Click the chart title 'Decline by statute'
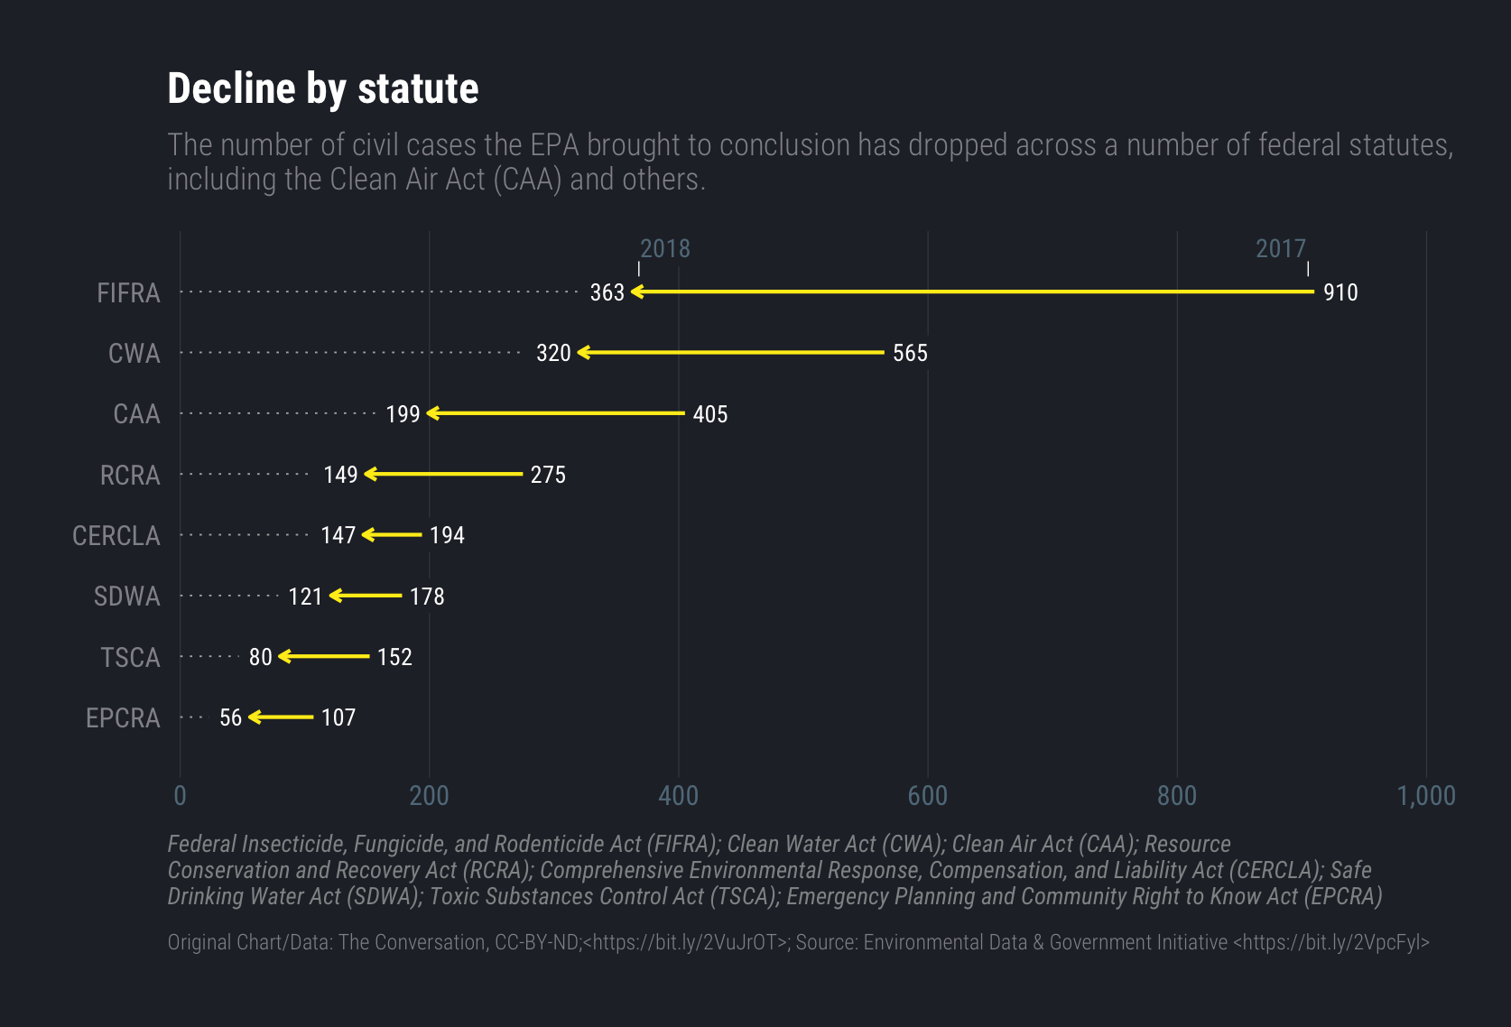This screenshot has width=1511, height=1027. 322,89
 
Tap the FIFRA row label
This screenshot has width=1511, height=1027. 128,293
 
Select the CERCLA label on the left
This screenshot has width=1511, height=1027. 116,536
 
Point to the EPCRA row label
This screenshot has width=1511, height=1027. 123,718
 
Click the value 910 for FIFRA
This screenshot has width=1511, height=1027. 1340,292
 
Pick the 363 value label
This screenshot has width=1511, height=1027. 607,292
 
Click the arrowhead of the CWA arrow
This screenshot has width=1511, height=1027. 583,352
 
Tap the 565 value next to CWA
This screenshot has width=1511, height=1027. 910,353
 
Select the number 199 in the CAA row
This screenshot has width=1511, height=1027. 403,414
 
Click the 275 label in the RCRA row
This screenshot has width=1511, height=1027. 548,475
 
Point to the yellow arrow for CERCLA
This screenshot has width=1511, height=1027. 392,535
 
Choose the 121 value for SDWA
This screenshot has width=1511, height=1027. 305,597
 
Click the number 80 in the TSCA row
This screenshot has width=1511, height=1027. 260,657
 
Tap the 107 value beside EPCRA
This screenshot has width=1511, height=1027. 338,717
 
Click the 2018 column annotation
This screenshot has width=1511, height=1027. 665,249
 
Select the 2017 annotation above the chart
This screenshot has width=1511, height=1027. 1281,249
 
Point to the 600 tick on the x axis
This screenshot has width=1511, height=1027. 928,796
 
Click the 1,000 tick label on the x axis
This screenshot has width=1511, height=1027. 1426,796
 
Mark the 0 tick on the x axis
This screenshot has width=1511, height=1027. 181,796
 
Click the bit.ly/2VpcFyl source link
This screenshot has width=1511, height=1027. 1330,942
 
